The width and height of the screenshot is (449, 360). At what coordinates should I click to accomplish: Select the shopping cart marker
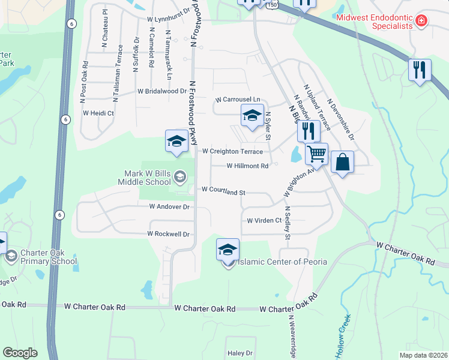(316, 154)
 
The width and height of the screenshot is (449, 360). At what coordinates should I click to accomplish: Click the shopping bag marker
(342, 162)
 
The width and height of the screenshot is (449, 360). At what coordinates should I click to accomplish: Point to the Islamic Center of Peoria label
(282, 262)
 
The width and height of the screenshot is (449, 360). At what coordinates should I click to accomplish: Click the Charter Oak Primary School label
(49, 257)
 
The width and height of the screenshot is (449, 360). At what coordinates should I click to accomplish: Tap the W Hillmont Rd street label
(247, 166)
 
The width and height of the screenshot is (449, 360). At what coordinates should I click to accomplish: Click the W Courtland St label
(224, 191)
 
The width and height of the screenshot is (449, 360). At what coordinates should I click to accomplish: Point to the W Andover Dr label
(169, 206)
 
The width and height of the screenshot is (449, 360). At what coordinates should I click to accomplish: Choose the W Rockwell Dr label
(169, 234)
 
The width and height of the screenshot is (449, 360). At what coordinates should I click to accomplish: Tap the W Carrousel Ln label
(238, 100)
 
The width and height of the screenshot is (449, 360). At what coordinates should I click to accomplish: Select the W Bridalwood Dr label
(162, 92)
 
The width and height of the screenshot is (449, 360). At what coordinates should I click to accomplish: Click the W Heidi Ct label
(98, 113)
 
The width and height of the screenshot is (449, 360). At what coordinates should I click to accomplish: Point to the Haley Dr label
(240, 354)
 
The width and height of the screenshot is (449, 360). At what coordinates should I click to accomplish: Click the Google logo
(20, 352)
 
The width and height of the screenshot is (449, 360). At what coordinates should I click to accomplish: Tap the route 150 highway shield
(273, 4)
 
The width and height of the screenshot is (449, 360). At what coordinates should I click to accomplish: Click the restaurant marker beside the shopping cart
(309, 131)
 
